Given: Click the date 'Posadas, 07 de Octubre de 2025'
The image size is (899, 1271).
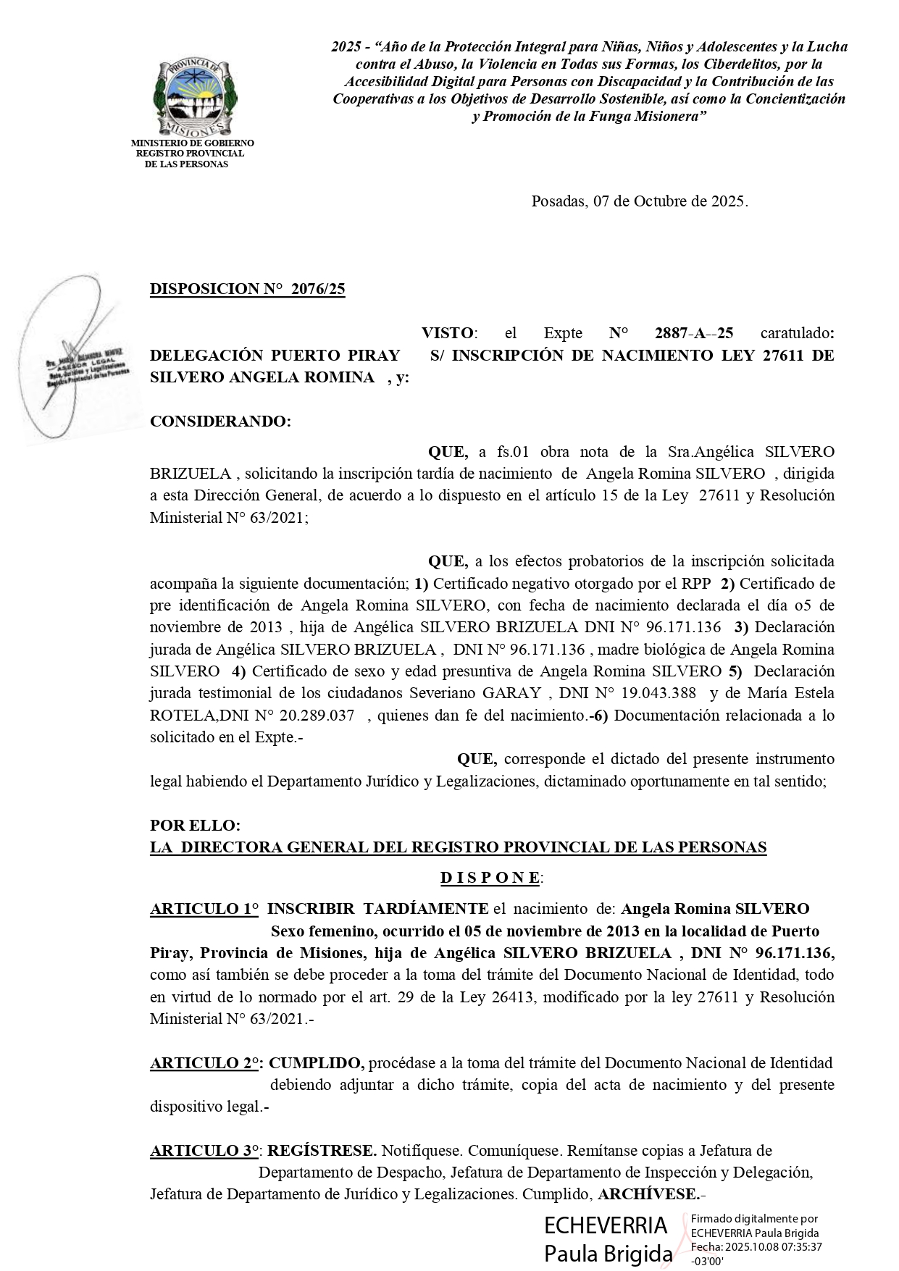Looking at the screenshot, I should pos(639,201).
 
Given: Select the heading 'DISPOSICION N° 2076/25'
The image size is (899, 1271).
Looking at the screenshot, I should pos(247,289).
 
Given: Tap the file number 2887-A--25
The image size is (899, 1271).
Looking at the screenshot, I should pos(693,333).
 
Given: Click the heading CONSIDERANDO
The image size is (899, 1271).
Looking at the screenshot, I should pos(220,421).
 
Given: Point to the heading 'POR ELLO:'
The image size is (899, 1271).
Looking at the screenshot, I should pos(195,826).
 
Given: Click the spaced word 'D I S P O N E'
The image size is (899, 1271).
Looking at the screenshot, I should pos(490,878).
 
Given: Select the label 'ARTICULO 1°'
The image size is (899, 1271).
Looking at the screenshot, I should pos(204,909).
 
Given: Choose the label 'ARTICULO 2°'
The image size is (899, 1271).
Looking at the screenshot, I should pos(206,1063).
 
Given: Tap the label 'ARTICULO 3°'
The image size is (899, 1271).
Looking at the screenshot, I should pos(206,1151).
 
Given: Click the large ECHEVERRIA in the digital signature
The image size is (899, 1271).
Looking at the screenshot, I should pos(606,1225).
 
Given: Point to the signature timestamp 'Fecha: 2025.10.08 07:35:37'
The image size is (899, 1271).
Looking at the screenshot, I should pos(756,1246).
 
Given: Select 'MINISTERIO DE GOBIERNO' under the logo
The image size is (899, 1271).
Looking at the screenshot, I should pos(192,143).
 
